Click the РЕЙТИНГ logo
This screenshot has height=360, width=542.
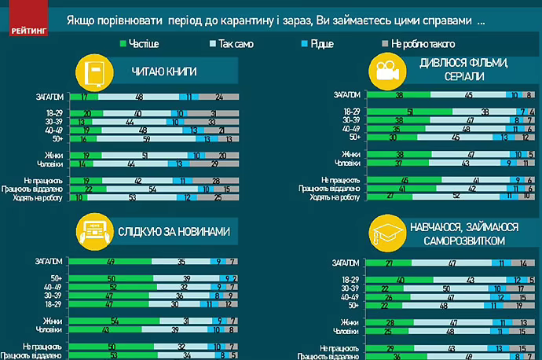[x=29, y=28]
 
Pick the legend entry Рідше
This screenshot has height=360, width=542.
[x=322, y=44]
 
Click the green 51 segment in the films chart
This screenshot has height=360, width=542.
[x=408, y=112]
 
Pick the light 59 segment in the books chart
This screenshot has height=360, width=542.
[x=146, y=138]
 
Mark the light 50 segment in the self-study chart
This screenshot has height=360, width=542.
[x=445, y=288]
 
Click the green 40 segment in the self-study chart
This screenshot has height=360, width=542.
[x=400, y=280]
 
